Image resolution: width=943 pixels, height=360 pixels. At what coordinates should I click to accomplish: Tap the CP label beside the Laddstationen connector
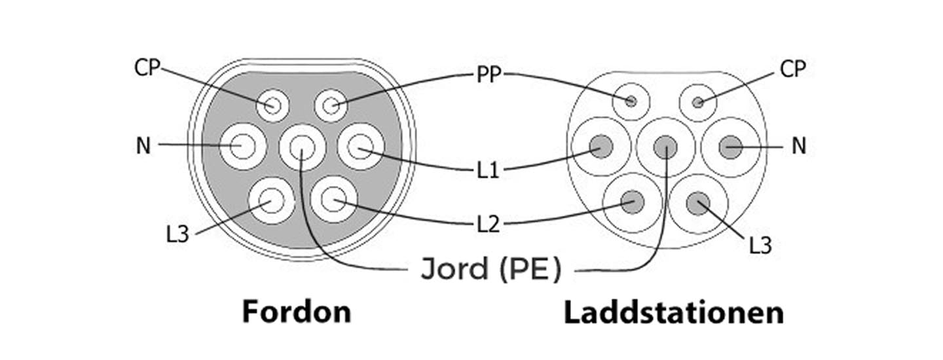point(792,69)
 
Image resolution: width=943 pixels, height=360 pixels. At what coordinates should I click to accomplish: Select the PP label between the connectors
point(489,75)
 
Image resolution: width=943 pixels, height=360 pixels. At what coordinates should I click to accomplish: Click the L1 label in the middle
point(489,171)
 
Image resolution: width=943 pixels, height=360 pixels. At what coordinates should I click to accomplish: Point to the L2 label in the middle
point(489,225)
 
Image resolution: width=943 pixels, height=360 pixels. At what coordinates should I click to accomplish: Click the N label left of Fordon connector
point(143,145)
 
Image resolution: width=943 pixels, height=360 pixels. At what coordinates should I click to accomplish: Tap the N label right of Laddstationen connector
point(798,147)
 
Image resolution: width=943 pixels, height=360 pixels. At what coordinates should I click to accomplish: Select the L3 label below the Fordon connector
point(177,234)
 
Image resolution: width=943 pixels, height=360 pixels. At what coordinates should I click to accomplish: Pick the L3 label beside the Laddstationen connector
point(760,246)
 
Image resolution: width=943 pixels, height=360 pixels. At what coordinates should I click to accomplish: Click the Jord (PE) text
point(490,270)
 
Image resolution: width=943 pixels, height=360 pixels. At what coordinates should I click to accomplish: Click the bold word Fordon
point(297,312)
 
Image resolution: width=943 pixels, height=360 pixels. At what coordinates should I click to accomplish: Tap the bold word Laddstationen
point(674,313)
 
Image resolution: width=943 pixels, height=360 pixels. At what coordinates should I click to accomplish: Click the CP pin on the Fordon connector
point(272,105)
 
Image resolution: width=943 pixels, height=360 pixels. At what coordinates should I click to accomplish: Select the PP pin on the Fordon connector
point(331,105)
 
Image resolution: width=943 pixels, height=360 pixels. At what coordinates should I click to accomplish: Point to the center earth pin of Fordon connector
point(302,147)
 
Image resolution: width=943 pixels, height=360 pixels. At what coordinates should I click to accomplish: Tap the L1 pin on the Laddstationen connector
point(601,147)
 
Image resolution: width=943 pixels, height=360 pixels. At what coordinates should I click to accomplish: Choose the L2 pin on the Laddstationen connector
point(632,202)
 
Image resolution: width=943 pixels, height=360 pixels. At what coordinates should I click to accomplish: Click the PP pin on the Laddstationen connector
point(631,101)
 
